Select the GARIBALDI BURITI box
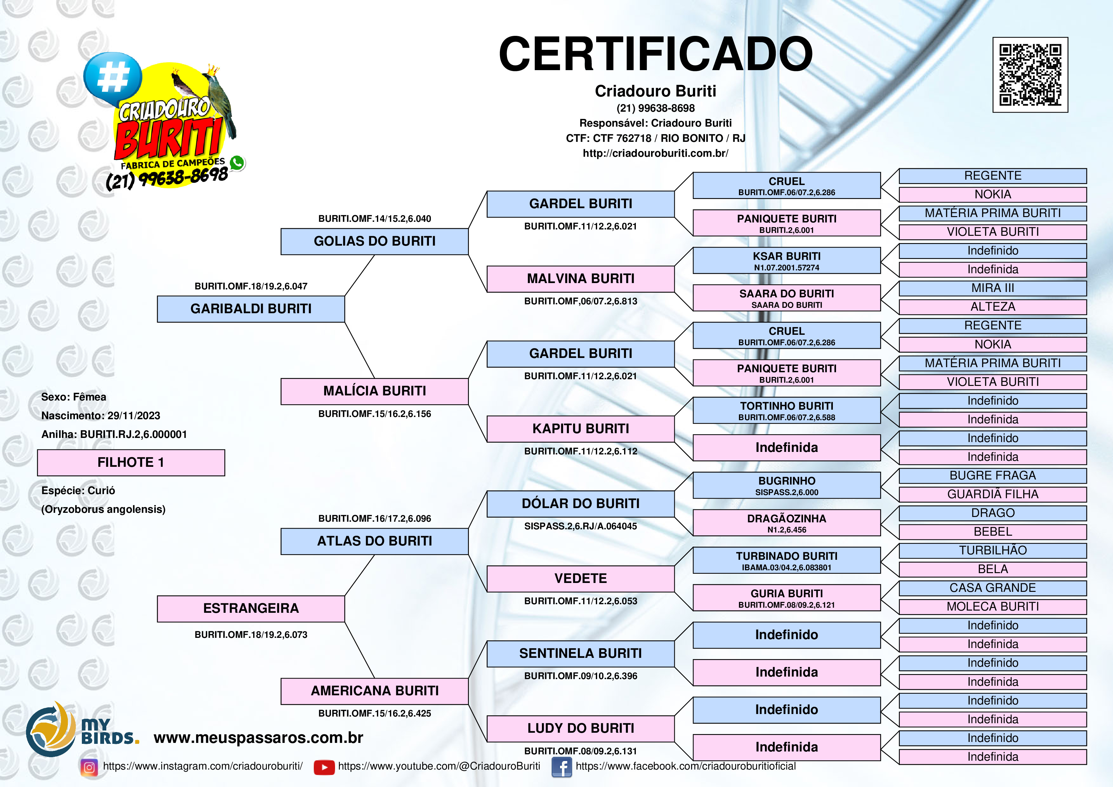point(251,309)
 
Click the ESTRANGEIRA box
point(251,609)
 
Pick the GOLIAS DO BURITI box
point(374,241)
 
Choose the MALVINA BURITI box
point(580,279)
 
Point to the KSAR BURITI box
point(786,261)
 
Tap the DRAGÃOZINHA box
point(786,523)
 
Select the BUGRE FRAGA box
point(992,476)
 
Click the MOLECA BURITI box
point(992,607)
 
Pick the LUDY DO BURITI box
point(580,728)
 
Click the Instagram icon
point(89,767)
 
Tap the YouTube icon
point(324,767)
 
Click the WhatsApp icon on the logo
point(237,163)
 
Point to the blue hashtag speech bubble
point(112,77)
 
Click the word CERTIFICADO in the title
point(655,54)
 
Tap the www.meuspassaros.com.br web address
point(258,737)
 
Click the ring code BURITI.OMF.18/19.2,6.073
point(251,635)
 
